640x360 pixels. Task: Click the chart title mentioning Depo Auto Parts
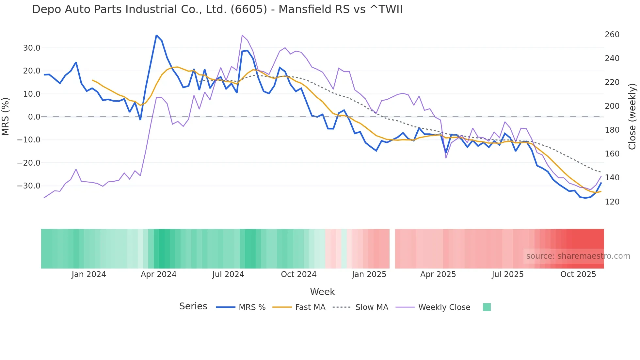217,9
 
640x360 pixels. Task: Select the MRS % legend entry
252,307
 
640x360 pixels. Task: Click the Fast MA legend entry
310,307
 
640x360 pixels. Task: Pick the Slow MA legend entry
372,307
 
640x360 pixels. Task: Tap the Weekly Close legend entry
444,307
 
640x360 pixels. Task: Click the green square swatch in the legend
487,307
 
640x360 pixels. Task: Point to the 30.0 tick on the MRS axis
32,48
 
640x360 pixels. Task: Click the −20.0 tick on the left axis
29,163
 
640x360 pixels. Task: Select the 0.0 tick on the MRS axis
34,117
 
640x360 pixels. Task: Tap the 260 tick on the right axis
612,35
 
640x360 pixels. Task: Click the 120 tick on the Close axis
612,202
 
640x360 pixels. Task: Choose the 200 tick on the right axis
612,106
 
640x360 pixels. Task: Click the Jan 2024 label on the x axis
89,274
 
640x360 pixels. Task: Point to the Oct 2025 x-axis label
578,274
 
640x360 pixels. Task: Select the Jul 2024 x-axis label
228,274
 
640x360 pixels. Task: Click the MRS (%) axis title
6,117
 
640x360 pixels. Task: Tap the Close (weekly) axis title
632,117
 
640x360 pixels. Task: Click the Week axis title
322,292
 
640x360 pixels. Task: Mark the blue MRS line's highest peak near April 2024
156,35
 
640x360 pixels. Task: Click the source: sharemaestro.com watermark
578,256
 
